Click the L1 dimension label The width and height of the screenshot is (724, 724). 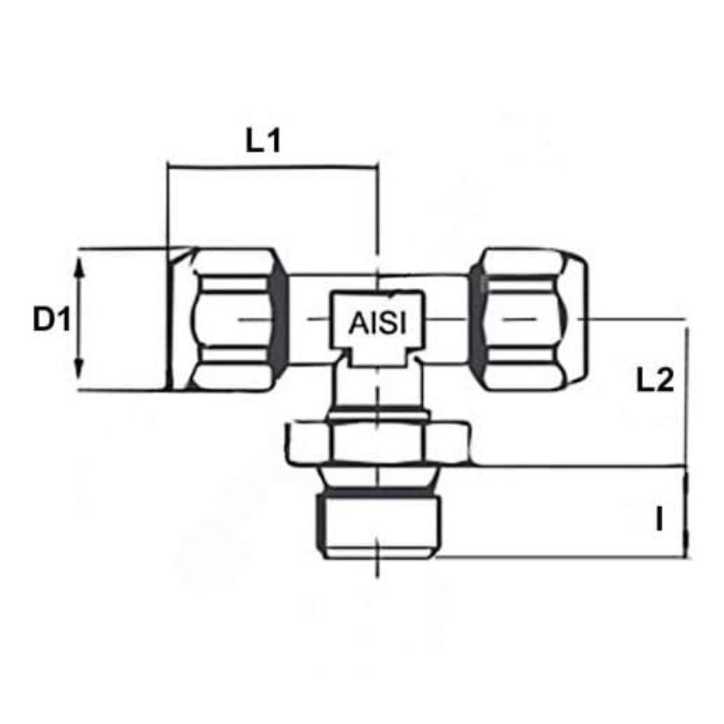[x=262, y=141]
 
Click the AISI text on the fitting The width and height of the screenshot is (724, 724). [x=376, y=323]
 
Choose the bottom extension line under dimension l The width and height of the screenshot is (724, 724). [x=565, y=557]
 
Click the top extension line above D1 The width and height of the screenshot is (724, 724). [x=123, y=249]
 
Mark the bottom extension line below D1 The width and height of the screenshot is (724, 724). [x=123, y=392]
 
